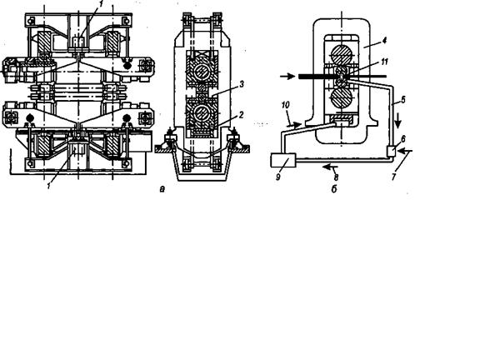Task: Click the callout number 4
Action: pos(384,41)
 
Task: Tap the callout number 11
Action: pos(384,62)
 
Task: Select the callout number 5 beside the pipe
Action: pos(402,99)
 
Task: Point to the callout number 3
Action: pos(242,84)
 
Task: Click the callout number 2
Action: pos(241,115)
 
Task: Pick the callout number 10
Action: pos(285,105)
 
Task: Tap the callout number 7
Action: pos(393,177)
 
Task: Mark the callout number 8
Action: pos(336,177)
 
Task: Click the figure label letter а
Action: pos(162,189)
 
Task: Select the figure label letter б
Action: pos(334,189)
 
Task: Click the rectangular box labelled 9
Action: pos(283,160)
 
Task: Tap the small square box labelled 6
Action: pos(392,152)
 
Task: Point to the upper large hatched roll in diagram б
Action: pos(342,55)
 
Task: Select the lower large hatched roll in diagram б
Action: pos(342,98)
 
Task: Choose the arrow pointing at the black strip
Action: pos(287,77)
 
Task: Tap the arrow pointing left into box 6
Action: pos(406,151)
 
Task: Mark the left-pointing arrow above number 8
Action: pos(330,167)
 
